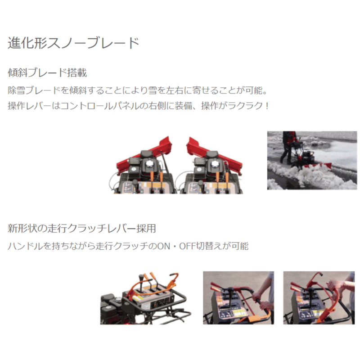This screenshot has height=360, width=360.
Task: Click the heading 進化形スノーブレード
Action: point(73,43)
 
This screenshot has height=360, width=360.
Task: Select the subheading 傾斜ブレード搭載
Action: point(47,72)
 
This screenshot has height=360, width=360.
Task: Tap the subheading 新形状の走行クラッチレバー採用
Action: point(82,229)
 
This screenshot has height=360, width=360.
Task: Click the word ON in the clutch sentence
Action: point(164,246)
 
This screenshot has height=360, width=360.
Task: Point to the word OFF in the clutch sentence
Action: point(187,246)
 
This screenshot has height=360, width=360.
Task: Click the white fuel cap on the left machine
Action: point(150,164)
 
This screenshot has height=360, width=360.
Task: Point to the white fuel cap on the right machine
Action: point(215,164)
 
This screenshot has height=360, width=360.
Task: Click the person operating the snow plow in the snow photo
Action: point(288,147)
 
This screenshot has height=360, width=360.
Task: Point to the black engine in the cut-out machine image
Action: point(112,309)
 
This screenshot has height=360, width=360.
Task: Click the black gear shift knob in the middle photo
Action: point(230,290)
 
